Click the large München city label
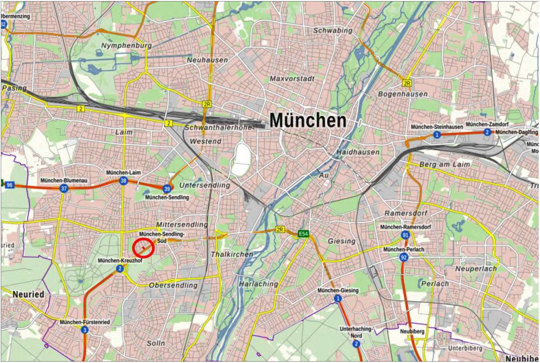click(308, 120)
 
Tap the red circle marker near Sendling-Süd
click(143, 248)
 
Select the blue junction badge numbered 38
click(123, 181)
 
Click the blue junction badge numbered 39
click(167, 189)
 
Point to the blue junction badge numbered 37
click(64, 189)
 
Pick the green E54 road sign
click(303, 234)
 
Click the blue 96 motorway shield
click(9, 185)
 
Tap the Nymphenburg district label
click(126, 45)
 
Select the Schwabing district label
click(333, 30)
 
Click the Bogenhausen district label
click(403, 94)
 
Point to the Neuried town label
click(28, 294)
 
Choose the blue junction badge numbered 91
click(405, 235)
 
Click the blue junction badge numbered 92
click(403, 257)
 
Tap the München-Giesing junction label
click(338, 290)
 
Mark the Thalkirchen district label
click(232, 254)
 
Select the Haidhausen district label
click(358, 152)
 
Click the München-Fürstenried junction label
click(85, 322)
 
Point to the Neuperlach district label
click(476, 269)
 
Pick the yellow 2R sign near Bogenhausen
click(407, 83)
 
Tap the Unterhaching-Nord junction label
click(356, 332)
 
